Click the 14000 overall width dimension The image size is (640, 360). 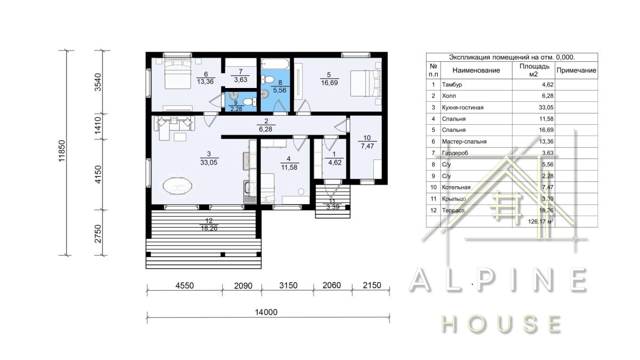(x=266, y=313)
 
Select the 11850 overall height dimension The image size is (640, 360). (x=62, y=151)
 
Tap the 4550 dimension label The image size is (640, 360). (x=185, y=285)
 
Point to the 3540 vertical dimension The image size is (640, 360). (x=98, y=82)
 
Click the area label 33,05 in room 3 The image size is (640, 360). (x=209, y=163)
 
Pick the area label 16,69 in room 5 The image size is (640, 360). (x=330, y=83)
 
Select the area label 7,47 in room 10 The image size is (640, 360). (x=367, y=146)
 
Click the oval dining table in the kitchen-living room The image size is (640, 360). (x=178, y=186)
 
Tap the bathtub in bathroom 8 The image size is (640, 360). (x=275, y=63)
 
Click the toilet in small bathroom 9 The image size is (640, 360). (x=250, y=102)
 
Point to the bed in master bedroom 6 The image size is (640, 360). (x=178, y=74)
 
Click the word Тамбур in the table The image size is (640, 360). (x=452, y=85)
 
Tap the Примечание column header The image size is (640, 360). (x=577, y=70)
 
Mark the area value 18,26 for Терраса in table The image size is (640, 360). (x=548, y=210)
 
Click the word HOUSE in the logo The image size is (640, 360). (x=501, y=324)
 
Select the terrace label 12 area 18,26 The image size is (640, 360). (x=209, y=225)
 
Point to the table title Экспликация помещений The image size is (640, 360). (x=512, y=57)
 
